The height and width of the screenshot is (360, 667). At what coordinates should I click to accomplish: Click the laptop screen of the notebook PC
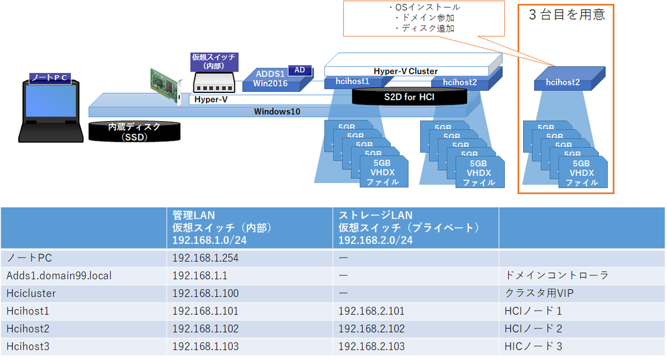tap(51, 101)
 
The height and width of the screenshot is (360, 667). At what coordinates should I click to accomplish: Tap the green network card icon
tap(166, 85)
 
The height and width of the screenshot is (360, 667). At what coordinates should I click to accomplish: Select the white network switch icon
tap(214, 83)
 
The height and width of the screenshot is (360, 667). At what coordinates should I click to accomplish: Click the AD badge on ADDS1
tap(300, 70)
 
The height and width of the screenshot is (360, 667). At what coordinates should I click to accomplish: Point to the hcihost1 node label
tap(352, 81)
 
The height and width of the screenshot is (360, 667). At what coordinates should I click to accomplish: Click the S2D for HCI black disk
tap(409, 97)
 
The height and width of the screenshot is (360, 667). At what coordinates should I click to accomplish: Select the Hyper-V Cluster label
tap(405, 71)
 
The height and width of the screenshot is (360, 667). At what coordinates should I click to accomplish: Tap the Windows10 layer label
tap(277, 111)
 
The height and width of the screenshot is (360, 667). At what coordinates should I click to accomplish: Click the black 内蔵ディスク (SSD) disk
tap(134, 132)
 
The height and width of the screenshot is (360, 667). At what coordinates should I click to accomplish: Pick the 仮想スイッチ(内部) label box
tap(214, 61)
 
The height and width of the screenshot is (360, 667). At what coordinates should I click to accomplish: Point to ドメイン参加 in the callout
tap(427, 18)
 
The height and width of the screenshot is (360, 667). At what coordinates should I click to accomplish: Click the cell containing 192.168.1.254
tap(249, 258)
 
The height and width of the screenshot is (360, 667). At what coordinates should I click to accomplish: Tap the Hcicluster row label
tap(31, 293)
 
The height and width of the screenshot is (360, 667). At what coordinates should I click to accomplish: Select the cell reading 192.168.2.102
tap(416, 329)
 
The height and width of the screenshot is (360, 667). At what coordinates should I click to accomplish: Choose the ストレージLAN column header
tap(416, 228)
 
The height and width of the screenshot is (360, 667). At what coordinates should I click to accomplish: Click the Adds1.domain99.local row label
tap(59, 275)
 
